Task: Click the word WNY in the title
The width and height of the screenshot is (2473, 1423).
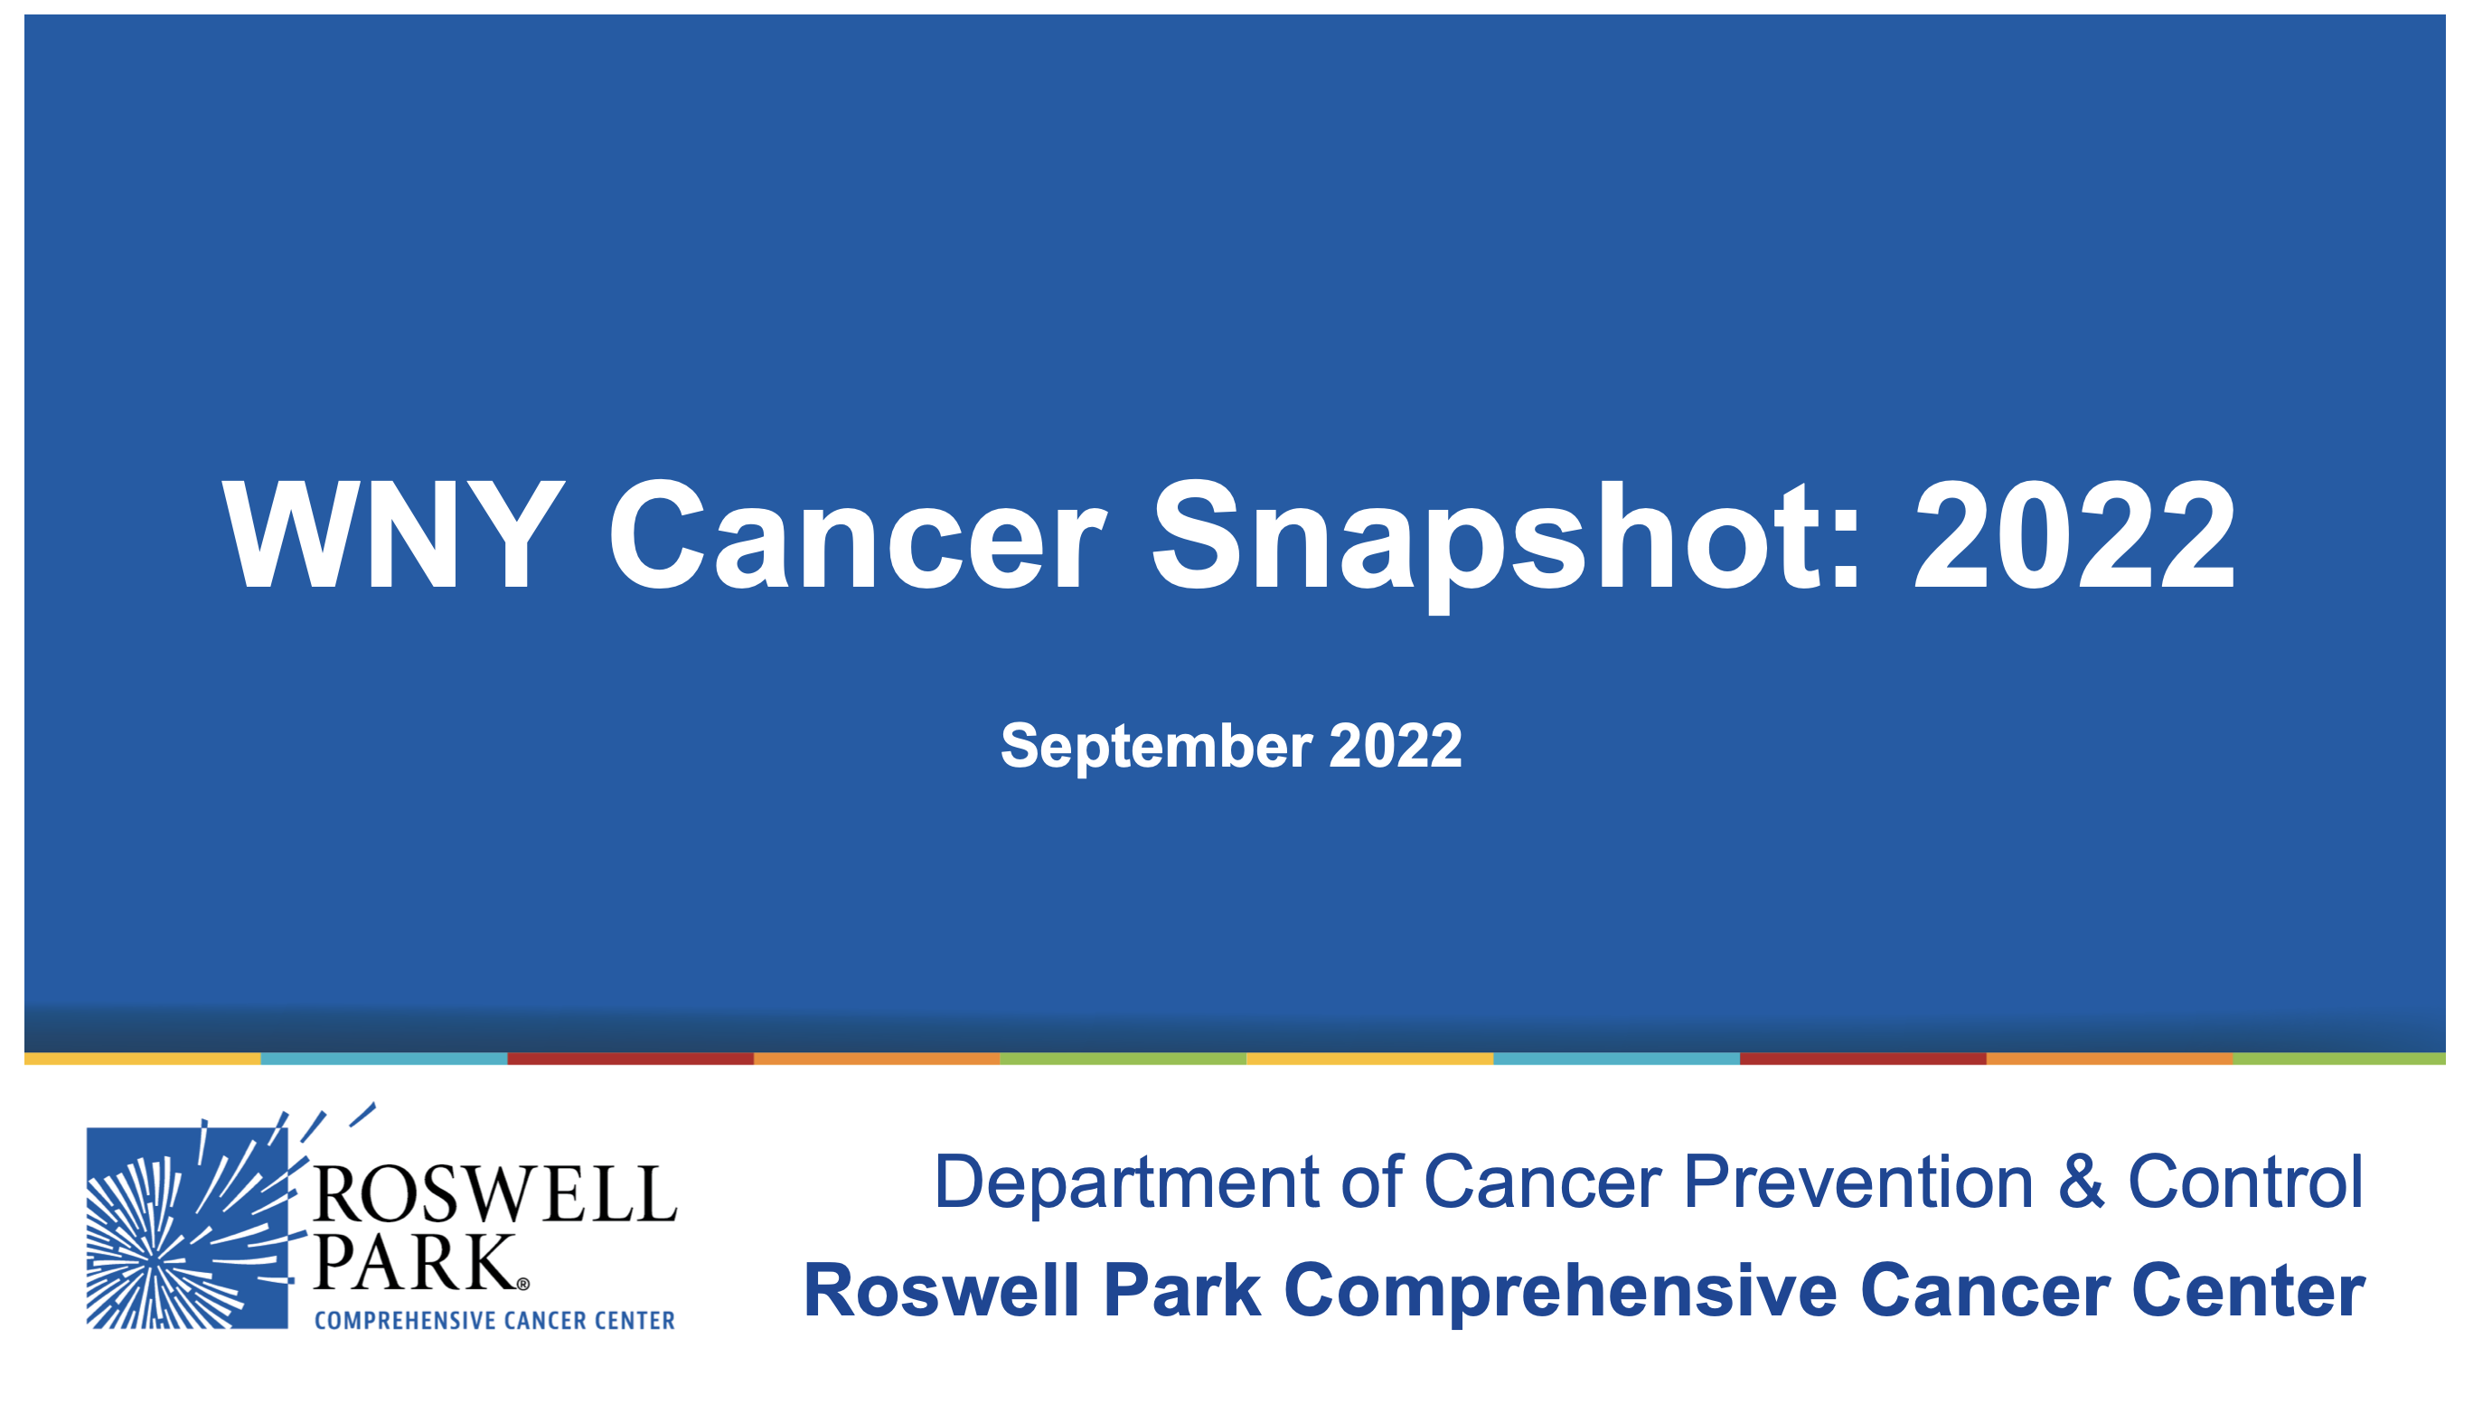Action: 393,534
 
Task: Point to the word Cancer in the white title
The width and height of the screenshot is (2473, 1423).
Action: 858,535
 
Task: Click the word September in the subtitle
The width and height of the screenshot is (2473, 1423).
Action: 1156,748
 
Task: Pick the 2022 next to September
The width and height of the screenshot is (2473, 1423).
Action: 1396,746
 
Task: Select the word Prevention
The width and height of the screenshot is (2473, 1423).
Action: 1858,1182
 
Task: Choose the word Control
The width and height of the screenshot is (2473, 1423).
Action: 2245,1182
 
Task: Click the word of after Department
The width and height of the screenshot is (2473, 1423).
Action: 1372,1182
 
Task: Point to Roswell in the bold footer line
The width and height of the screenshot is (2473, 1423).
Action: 942,1290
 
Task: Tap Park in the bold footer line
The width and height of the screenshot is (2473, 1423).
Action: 1182,1290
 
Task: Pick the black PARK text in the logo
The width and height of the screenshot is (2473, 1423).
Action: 414,1263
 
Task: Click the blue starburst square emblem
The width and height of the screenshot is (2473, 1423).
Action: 188,1228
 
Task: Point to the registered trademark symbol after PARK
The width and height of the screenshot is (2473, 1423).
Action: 522,1284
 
